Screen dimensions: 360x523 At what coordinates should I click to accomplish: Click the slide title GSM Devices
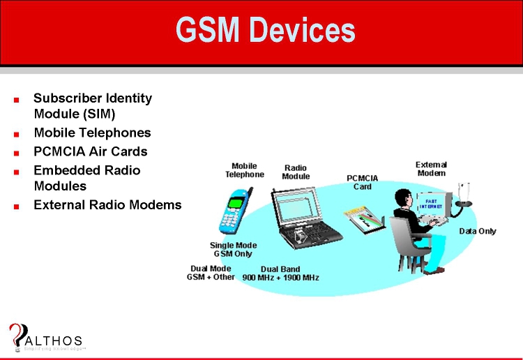[x=266, y=30]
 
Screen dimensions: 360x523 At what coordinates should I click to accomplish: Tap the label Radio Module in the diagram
[x=296, y=172]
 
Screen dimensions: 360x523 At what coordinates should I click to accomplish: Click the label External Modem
[x=432, y=168]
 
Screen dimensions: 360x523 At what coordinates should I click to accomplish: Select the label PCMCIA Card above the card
[x=363, y=182]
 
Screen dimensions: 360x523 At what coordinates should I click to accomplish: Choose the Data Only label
[x=477, y=231]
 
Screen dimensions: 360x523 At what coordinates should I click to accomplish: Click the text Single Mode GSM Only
[x=233, y=250]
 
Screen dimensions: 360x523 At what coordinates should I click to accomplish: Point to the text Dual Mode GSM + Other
[x=211, y=273]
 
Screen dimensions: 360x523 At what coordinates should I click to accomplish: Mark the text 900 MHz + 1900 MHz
[x=280, y=278]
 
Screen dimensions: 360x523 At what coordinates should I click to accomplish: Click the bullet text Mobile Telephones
[x=92, y=133]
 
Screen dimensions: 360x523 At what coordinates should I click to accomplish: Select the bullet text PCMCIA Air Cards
[x=91, y=151]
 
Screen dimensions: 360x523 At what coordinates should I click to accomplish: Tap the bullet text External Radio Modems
[x=107, y=205]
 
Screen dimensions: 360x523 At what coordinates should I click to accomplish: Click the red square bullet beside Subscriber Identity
[x=16, y=100]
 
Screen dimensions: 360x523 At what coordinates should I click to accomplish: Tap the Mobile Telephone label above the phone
[x=244, y=170]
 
